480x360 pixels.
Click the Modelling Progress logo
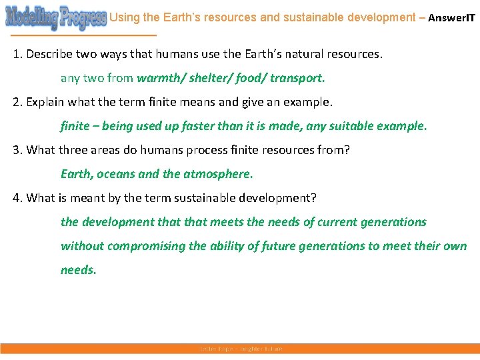pyautogui.click(x=55, y=17)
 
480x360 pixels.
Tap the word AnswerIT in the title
pyautogui.click(x=451, y=18)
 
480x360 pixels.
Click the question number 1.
pyautogui.click(x=17, y=54)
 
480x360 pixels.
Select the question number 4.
pyautogui.click(x=17, y=198)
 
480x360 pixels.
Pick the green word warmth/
pyautogui.click(x=159, y=78)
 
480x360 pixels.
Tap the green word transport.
pyautogui.click(x=296, y=78)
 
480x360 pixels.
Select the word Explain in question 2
pyautogui.click(x=46, y=102)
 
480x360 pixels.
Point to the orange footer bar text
pyautogui.click(x=241, y=349)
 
